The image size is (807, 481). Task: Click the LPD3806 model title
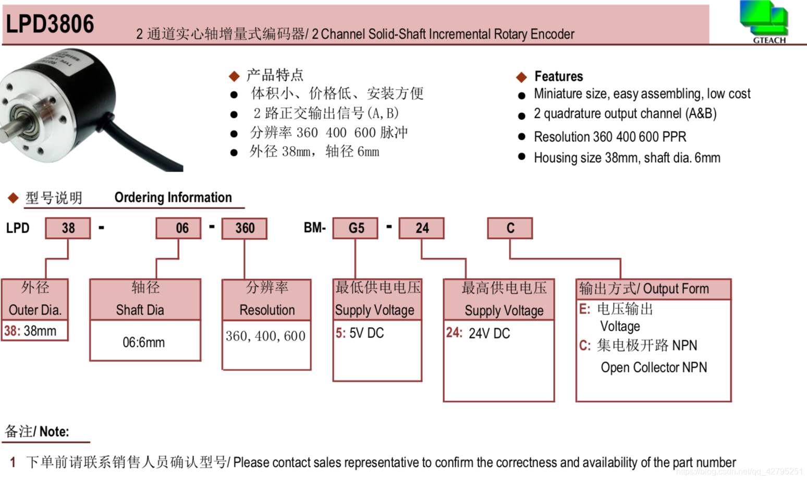point(50,24)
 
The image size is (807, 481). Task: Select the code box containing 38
point(68,228)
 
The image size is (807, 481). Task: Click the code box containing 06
point(178,228)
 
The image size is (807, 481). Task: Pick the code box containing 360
point(244,228)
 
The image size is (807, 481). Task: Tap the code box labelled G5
point(356,228)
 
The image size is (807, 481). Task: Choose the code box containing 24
point(422,228)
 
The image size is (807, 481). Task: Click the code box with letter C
point(510,228)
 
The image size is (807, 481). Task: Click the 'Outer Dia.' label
point(35,310)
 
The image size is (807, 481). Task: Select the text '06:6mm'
point(143,343)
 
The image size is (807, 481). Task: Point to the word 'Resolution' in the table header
point(267,310)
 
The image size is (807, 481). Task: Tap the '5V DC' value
point(366,333)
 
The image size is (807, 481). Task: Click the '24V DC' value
point(489,333)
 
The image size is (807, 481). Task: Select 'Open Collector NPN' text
point(654,367)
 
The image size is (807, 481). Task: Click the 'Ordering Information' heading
point(173,197)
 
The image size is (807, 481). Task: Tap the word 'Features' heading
point(558,76)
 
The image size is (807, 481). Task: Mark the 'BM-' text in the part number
point(314,228)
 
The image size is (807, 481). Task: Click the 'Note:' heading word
point(54,431)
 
